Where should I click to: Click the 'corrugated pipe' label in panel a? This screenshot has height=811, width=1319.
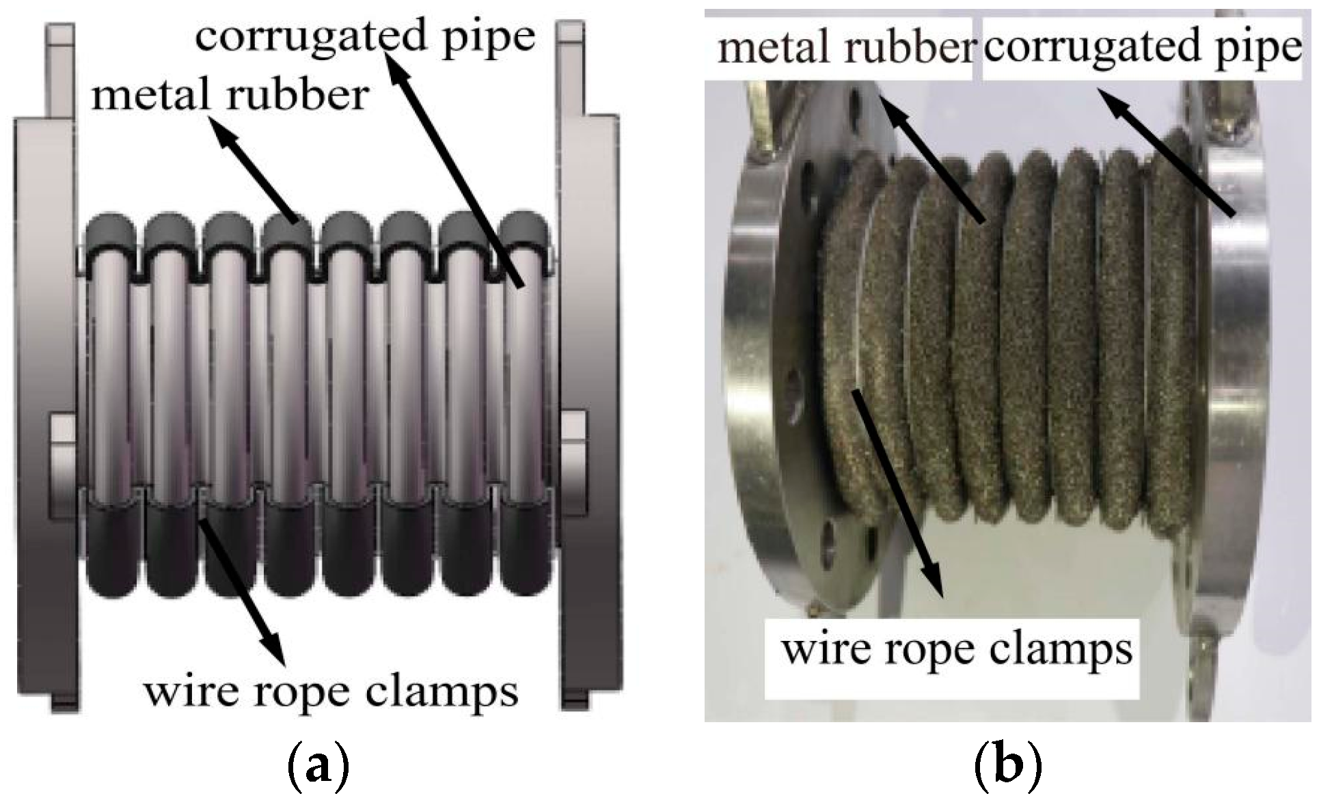coord(365,36)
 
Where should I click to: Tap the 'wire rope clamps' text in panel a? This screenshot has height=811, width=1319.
coord(330,691)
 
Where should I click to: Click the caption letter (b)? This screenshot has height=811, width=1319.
coord(1007,770)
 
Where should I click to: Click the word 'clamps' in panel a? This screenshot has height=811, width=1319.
coord(441,691)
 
